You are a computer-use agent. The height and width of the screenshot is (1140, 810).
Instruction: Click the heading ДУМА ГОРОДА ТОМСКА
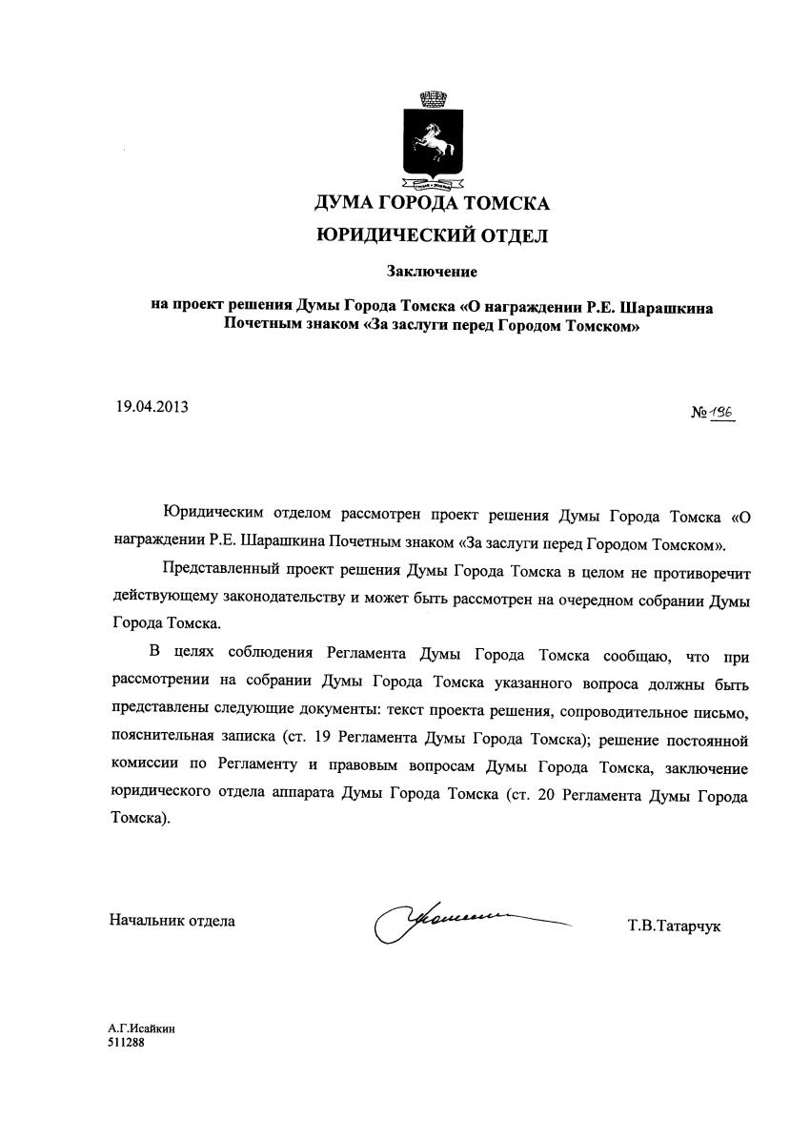click(x=432, y=203)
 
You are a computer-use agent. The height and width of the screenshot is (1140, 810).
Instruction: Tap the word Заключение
click(x=431, y=273)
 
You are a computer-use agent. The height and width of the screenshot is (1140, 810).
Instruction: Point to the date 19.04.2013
click(x=152, y=406)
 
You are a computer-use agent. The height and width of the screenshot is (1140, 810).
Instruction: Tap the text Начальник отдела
click(x=172, y=921)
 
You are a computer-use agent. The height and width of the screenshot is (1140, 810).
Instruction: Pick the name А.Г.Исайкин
click(x=141, y=1029)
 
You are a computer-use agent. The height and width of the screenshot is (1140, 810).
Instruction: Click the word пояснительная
click(x=158, y=740)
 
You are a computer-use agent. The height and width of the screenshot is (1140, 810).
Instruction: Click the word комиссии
click(x=142, y=767)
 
